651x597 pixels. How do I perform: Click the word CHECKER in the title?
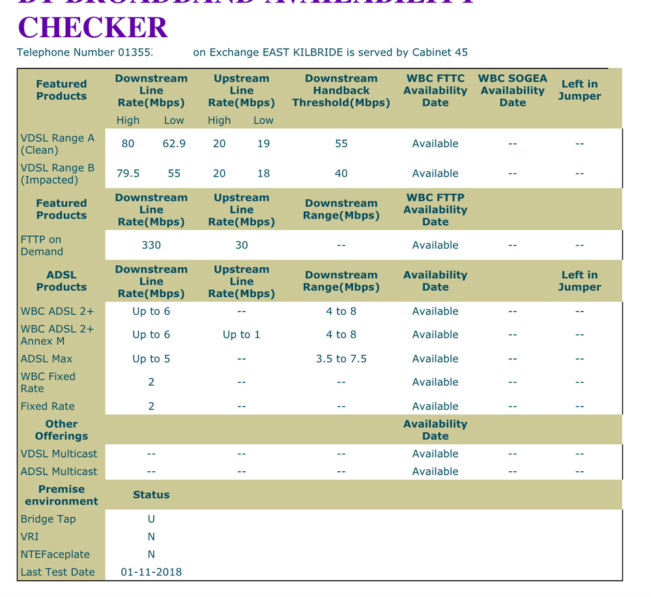pos(93,27)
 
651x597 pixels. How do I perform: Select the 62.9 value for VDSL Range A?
pos(174,143)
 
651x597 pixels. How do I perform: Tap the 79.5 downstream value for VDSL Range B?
pos(128,173)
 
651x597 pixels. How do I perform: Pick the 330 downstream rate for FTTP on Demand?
pos(151,245)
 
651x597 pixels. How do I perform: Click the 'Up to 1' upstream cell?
pos(241,334)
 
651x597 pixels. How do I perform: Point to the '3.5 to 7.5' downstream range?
pos(341,358)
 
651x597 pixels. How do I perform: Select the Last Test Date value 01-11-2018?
pos(151,572)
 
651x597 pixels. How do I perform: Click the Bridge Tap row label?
pos(48,519)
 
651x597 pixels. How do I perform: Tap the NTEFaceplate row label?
pos(55,555)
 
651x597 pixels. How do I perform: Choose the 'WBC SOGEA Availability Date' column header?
pos(512,90)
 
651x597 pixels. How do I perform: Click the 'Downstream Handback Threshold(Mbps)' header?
pos(341,90)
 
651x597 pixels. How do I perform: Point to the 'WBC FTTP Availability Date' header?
pos(435,209)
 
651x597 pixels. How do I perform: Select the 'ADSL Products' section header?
pos(61,281)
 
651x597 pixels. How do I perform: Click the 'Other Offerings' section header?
pos(61,430)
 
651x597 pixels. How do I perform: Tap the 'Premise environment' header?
pos(61,495)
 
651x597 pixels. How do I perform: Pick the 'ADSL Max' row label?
pos(47,358)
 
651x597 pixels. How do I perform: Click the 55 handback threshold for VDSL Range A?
pos(341,143)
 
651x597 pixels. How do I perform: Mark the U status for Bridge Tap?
pos(151,519)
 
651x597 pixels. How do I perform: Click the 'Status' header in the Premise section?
pos(151,495)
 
